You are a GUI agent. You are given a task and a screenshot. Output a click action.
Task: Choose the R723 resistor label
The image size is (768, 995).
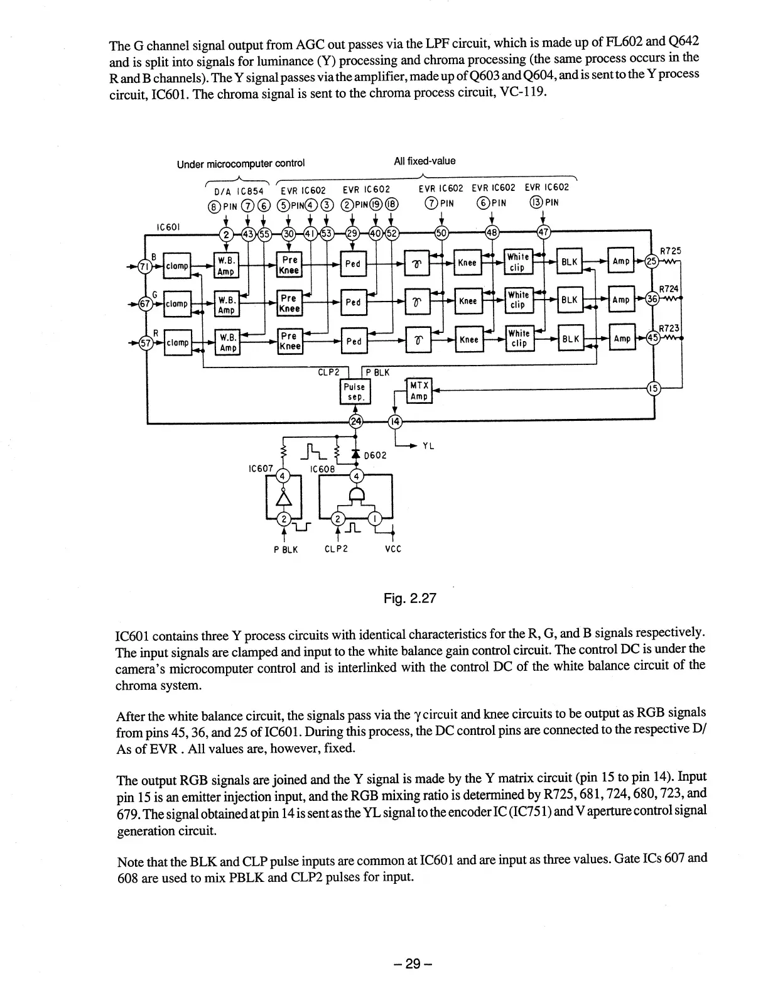click(x=670, y=327)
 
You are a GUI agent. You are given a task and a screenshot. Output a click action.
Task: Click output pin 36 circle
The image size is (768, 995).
click(x=653, y=300)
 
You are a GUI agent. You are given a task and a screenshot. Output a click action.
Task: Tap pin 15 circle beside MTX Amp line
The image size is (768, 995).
click(x=653, y=389)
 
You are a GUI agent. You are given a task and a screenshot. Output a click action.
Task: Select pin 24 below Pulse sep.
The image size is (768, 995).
click(x=355, y=421)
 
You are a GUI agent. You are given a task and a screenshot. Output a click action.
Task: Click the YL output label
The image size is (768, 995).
click(x=429, y=446)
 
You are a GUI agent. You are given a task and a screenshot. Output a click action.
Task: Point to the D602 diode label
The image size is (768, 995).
click(x=375, y=455)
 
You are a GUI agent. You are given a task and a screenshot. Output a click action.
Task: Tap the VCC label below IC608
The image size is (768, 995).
click(x=392, y=549)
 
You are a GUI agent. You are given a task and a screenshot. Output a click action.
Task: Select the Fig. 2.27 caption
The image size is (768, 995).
click(x=409, y=598)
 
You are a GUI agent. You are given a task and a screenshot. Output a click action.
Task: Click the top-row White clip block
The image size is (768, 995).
click(x=518, y=262)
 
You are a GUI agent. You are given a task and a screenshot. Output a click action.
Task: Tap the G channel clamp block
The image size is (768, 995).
click(x=177, y=304)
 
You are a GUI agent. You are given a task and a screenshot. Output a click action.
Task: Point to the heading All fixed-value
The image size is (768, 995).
click(x=425, y=161)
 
